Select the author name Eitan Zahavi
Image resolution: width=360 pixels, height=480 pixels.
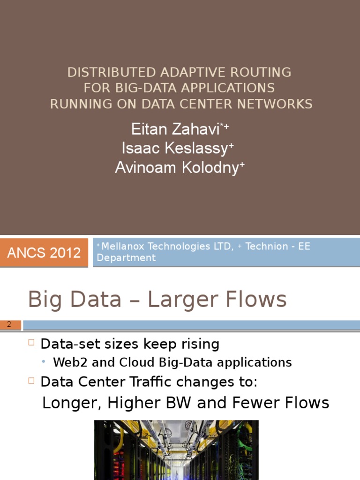[x=175, y=129]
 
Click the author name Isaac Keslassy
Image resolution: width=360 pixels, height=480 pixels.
[x=175, y=149]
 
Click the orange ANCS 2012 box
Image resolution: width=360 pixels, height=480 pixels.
[x=44, y=253]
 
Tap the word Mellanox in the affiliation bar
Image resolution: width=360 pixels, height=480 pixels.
[x=123, y=246]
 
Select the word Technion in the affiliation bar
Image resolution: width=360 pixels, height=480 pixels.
[x=267, y=246]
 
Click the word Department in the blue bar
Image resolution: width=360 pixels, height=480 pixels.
[x=126, y=258]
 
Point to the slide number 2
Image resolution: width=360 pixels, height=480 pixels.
[x=9, y=324]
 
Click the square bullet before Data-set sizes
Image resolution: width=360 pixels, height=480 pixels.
[x=31, y=342]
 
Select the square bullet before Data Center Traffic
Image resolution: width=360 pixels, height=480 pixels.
[x=31, y=381]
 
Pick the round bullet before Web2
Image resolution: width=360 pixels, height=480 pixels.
[x=44, y=362]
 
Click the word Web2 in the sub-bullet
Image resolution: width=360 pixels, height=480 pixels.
[x=71, y=362]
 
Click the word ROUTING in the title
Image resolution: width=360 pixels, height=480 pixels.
[x=261, y=73]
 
